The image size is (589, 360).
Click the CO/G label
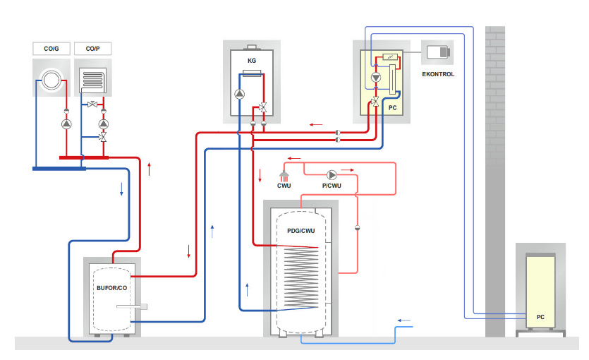point(51,48)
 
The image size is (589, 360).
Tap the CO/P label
point(92,48)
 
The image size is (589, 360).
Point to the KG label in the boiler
point(251,61)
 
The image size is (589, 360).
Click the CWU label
point(284,186)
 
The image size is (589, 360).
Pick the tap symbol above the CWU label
point(284,174)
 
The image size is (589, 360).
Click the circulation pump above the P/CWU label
point(332,174)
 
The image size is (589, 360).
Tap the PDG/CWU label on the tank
point(301,231)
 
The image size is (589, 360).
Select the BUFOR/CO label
point(112,288)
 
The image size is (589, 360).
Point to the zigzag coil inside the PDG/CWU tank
point(300,279)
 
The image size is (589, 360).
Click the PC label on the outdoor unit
point(540,317)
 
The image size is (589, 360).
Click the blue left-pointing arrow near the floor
point(404,320)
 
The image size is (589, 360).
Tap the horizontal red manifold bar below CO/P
point(84,157)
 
